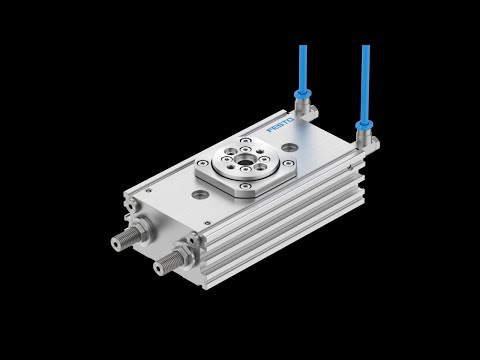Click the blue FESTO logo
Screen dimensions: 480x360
click(x=281, y=124)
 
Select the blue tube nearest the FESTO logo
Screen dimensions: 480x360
click(x=303, y=68)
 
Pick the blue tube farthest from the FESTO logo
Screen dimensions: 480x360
click(x=366, y=83)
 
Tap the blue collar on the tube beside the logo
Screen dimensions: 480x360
click(x=303, y=94)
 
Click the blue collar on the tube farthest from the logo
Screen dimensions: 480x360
click(x=364, y=126)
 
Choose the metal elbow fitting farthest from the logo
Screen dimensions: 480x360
click(x=367, y=140)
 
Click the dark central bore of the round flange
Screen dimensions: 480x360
click(x=245, y=161)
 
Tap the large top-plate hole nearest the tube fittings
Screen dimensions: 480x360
click(x=288, y=147)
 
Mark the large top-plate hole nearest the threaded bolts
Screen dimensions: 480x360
click(x=199, y=193)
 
